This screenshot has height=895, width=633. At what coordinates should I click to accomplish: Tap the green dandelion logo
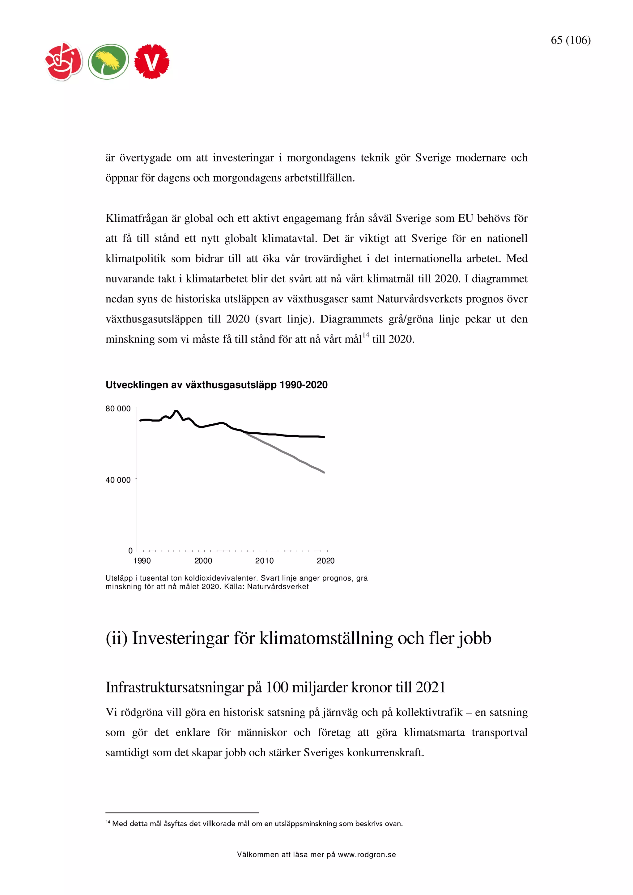click(x=108, y=61)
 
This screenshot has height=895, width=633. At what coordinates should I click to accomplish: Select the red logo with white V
click(x=152, y=61)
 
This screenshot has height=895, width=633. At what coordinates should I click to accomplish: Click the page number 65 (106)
click(x=570, y=40)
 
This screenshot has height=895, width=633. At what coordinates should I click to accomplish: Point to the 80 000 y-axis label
click(x=118, y=409)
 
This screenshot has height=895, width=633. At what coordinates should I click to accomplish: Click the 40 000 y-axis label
click(x=118, y=480)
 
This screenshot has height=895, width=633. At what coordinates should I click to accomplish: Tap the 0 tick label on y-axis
click(x=130, y=550)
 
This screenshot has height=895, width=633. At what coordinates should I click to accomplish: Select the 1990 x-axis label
click(x=142, y=561)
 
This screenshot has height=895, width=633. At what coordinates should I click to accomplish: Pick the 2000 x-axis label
click(x=203, y=561)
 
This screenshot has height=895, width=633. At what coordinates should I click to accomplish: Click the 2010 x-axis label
click(x=265, y=561)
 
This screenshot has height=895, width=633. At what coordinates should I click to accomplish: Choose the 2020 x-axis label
click(x=325, y=561)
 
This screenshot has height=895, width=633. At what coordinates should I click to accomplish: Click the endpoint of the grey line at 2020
click(x=324, y=473)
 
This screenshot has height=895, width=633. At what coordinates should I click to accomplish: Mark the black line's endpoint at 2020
click(x=324, y=437)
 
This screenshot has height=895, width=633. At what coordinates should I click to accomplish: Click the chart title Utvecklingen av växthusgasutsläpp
click(x=216, y=385)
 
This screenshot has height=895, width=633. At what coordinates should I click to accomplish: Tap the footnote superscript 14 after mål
click(x=365, y=335)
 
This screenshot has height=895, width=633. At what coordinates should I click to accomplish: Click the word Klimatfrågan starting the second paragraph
click(x=137, y=218)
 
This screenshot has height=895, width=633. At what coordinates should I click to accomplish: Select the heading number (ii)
click(x=117, y=638)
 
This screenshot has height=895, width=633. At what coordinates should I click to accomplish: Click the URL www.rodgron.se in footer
click(x=367, y=855)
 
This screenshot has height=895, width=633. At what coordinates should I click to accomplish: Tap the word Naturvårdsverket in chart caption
click(x=278, y=587)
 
